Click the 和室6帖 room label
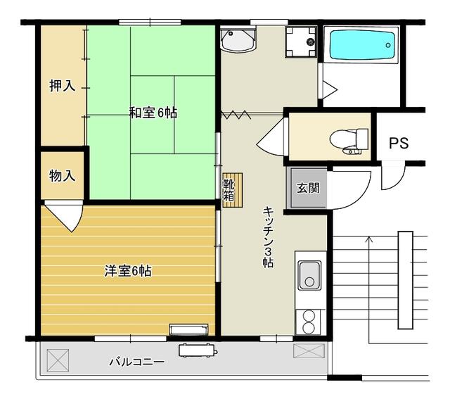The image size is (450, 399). pos(152,112)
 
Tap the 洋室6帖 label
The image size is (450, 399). pos(128,270)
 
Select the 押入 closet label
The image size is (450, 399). pos(61,87)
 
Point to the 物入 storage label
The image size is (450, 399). pos(62,175)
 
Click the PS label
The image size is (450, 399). pos(399,143)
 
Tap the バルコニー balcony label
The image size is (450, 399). pos(136,362)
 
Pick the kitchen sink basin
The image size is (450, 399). pos(309,274)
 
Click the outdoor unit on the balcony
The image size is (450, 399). pos(198,350)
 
